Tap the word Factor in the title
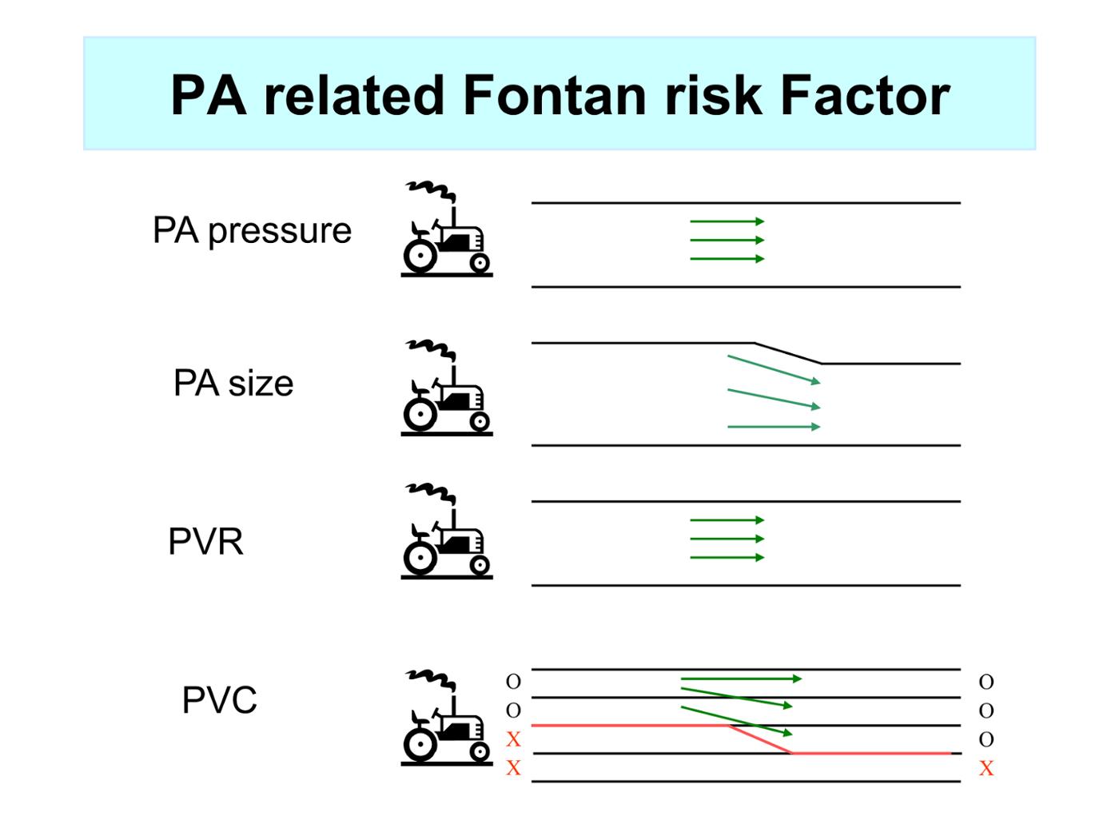coord(865,95)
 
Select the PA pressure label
coord(253,232)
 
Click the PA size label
coord(233,383)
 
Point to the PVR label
coord(206,541)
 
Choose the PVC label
coord(220,700)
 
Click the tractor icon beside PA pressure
coord(447,229)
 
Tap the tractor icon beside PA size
coord(447,388)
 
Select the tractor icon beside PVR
coord(447,531)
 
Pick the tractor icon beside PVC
coord(447,718)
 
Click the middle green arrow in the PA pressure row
coord(727,240)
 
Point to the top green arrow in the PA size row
coord(774,369)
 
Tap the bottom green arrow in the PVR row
coord(727,558)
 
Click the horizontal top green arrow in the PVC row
coord(741,679)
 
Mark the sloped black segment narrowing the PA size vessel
coord(788,353)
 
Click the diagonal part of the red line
coord(760,739)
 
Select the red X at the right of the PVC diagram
coord(986,768)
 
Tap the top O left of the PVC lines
coord(513,682)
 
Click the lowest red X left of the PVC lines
coord(513,767)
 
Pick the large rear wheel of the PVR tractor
coord(420,558)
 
